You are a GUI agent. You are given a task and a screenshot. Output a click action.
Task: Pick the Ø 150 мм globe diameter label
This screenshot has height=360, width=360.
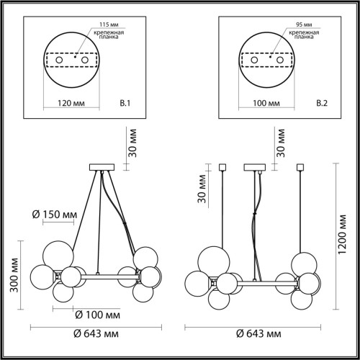55,214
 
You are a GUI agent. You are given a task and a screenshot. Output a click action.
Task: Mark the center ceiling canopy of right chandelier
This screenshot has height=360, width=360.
254,168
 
